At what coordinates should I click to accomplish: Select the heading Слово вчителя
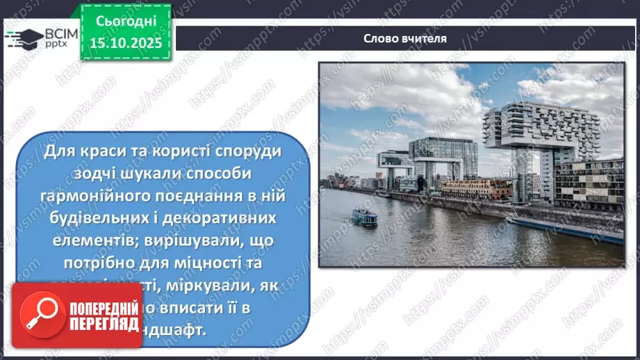click(405, 38)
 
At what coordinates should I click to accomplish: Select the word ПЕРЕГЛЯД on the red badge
click(104, 323)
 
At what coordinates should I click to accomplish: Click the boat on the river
click(364, 216)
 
